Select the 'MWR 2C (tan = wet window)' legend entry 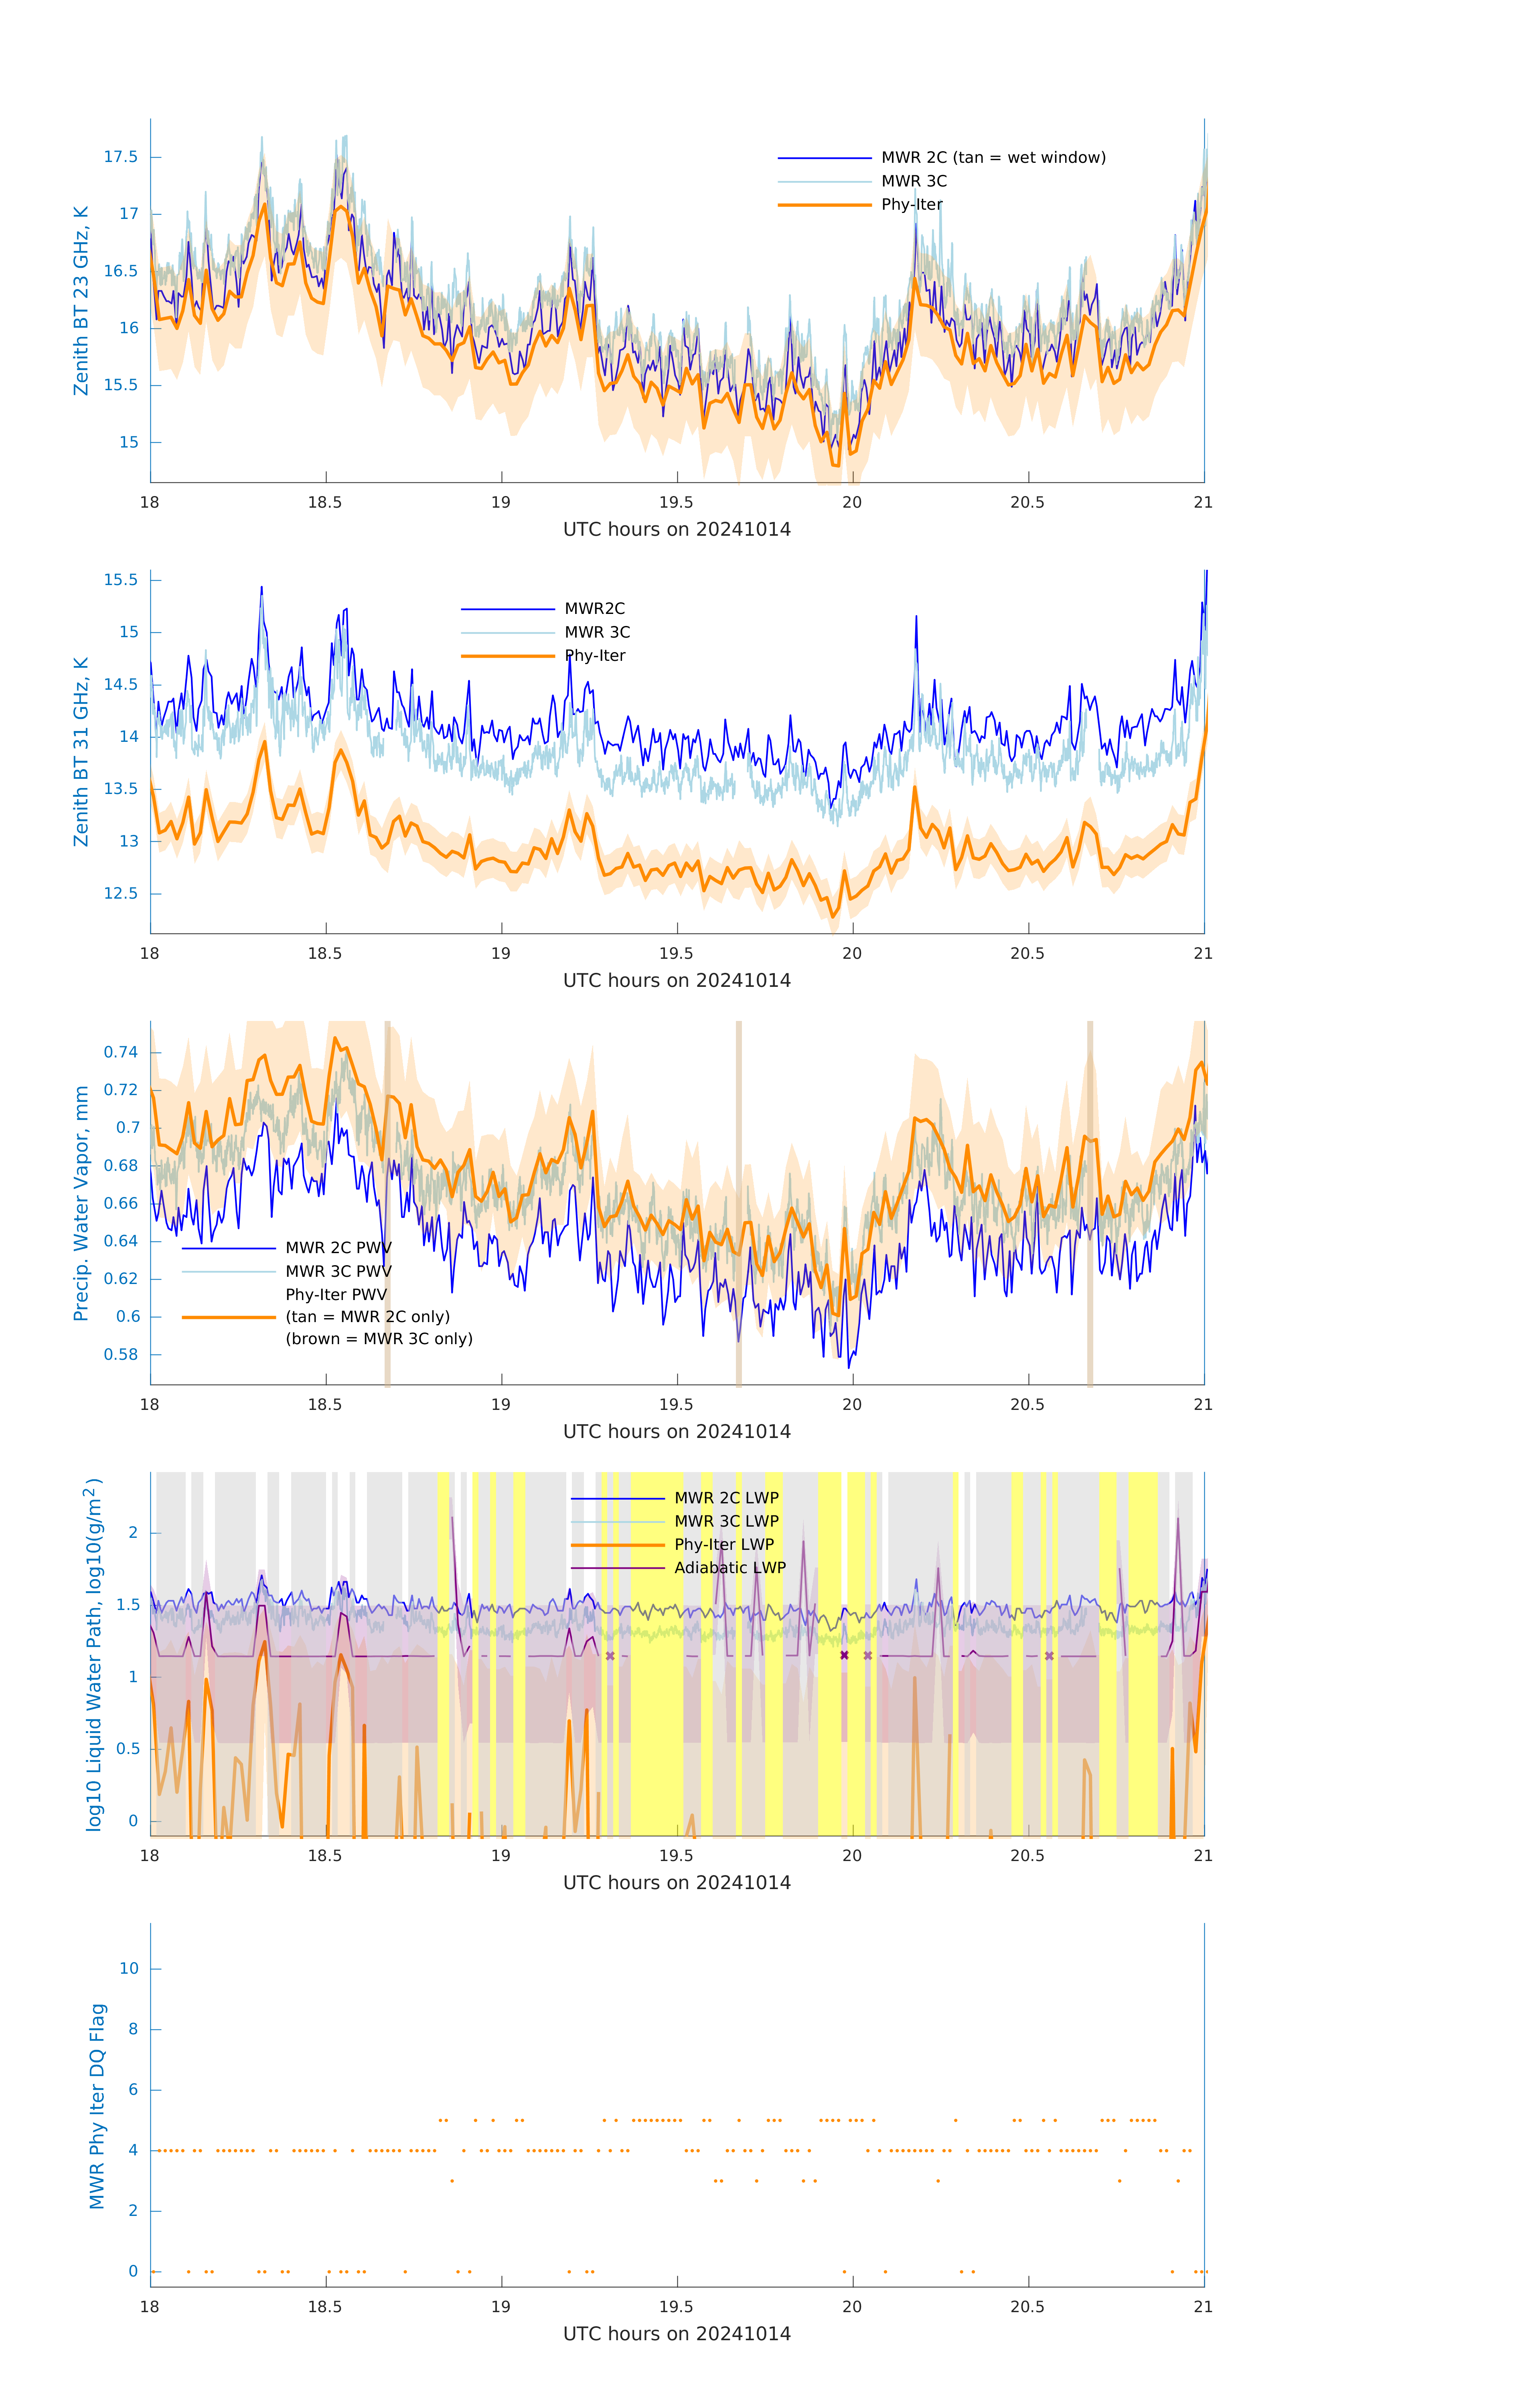(992, 158)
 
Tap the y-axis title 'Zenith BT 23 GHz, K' (81, 301)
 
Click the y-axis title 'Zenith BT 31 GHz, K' (81, 751)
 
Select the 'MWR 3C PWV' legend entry (338, 1271)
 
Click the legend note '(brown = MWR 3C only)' (379, 1339)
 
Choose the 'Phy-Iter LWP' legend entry (723, 1545)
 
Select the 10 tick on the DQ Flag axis (129, 1969)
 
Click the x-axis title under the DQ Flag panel (677, 2334)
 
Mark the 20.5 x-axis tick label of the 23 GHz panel (1027, 502)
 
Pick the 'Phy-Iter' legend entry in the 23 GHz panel (912, 205)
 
